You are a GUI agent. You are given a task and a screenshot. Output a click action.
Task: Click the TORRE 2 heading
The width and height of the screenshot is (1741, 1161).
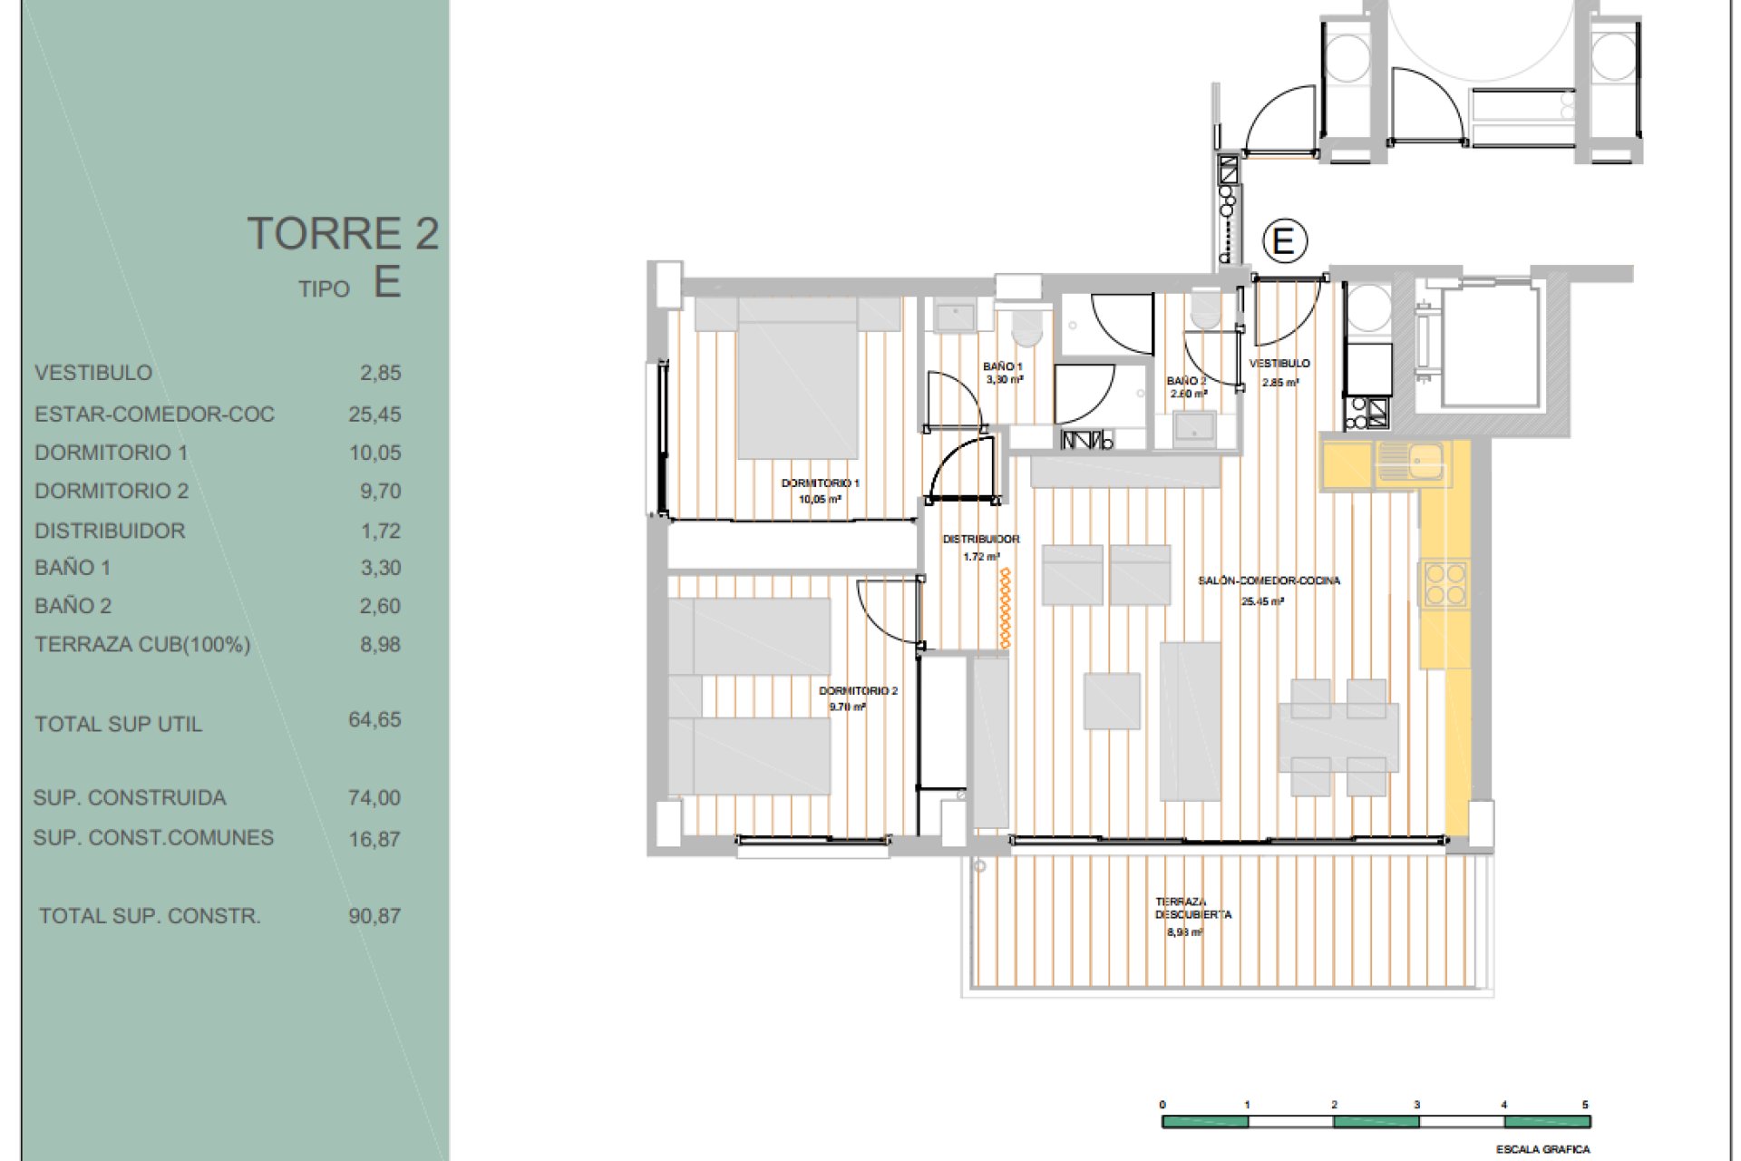point(343,233)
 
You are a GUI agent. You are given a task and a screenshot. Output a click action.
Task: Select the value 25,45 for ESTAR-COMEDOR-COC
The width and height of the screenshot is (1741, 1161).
point(374,415)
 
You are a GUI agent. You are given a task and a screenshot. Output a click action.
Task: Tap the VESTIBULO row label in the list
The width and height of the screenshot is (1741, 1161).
point(93,373)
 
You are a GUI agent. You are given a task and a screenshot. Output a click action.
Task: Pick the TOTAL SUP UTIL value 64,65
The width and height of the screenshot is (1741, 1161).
point(374,719)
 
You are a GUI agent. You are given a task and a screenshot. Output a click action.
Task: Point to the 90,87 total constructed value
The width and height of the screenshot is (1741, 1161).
point(374,916)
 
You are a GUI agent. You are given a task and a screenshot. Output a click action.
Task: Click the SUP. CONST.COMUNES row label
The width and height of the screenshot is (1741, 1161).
point(153,837)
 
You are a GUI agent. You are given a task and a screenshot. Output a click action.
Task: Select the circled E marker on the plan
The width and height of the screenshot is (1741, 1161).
point(1284,241)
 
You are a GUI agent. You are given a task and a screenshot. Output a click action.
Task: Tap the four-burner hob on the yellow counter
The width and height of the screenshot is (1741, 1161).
point(1445,584)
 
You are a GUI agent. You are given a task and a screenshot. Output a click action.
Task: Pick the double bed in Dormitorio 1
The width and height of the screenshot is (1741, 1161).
point(798,377)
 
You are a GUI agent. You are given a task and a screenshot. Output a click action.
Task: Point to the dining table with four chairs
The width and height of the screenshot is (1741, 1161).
point(1338,737)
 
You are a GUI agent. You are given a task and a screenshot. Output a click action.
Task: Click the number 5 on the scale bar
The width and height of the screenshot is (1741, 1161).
point(1586,1105)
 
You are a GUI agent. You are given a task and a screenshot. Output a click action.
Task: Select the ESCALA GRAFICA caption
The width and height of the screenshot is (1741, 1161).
point(1543,1149)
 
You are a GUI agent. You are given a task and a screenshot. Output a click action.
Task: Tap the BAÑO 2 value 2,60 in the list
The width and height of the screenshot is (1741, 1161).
point(380,606)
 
